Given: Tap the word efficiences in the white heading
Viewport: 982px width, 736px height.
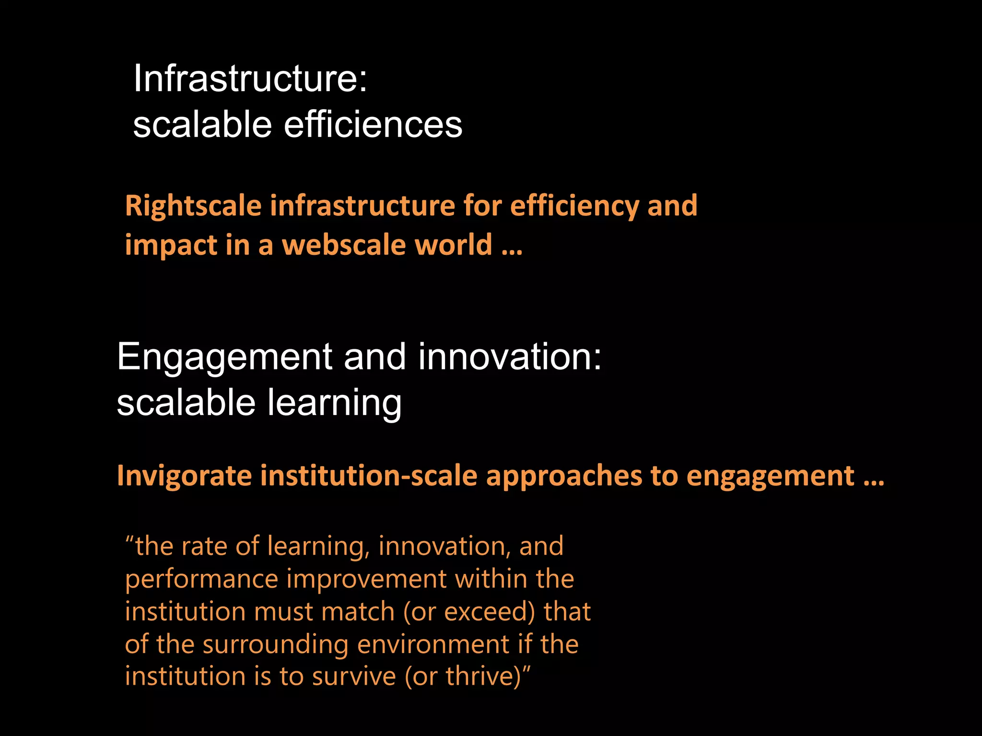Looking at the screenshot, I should (x=373, y=124).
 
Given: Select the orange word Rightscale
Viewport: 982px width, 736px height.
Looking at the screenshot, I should (x=193, y=206).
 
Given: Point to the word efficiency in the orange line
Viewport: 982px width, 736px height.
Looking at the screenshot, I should (x=574, y=206).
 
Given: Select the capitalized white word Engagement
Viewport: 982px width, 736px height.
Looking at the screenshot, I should (x=224, y=357).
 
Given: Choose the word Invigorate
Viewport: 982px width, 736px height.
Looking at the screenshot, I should (x=184, y=476).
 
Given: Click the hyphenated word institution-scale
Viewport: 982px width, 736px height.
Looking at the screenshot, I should (x=369, y=476).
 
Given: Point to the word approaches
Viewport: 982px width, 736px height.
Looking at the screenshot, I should (x=563, y=476).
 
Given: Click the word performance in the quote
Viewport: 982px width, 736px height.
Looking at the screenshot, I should (x=201, y=579).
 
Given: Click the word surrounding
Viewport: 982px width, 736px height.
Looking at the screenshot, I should (x=275, y=644).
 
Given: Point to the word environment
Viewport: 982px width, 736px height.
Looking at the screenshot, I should (x=433, y=644).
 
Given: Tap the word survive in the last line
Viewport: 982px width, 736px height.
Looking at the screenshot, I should (x=354, y=677).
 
